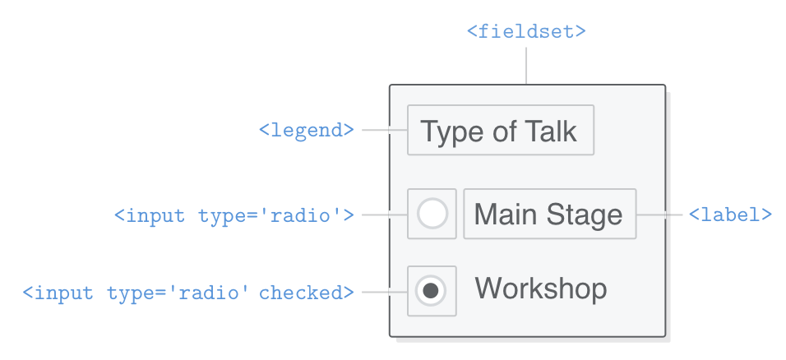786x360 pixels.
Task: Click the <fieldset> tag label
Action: pyautogui.click(x=526, y=31)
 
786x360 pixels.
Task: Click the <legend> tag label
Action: pyautogui.click(x=307, y=130)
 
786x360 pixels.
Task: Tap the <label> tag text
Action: pyautogui.click(x=730, y=215)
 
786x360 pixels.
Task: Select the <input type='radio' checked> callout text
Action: pyautogui.click(x=188, y=292)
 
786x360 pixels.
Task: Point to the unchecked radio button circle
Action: pyautogui.click(x=432, y=215)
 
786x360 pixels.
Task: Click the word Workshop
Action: pyautogui.click(x=541, y=289)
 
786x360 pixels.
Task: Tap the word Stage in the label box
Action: pyautogui.click(x=585, y=215)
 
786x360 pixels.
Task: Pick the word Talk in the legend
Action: pyautogui.click(x=550, y=132)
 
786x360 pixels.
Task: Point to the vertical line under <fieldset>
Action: pyautogui.click(x=526, y=65)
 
